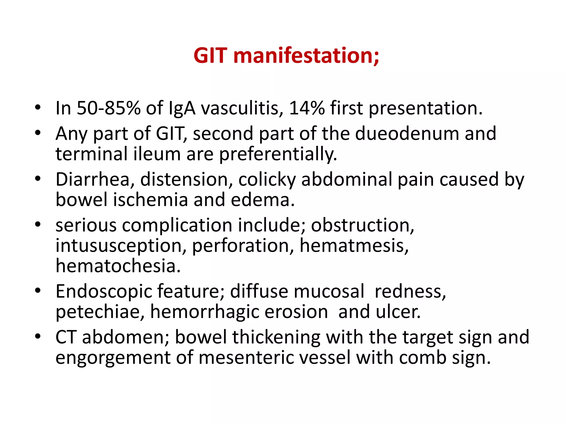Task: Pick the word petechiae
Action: [100, 312]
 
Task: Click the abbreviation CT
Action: [66, 337]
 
